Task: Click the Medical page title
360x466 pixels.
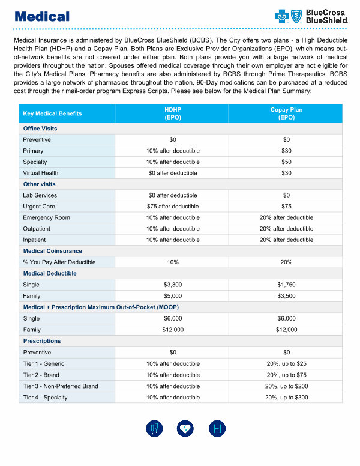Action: pos(41,17)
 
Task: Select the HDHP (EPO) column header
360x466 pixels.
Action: pos(173,113)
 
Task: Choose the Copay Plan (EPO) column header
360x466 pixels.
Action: pos(286,113)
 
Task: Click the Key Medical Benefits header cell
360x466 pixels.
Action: pos(52,113)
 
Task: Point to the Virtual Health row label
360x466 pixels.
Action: pos(41,173)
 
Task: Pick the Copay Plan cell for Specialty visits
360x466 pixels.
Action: pos(286,162)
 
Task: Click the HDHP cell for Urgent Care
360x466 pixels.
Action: pos(173,206)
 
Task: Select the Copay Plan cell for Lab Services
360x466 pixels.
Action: pos(286,195)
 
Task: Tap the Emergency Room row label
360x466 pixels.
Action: pos(46,217)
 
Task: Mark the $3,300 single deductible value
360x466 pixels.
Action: pos(173,285)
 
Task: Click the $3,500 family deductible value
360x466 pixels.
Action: pos(286,296)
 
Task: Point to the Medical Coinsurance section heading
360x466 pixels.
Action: pos(52,251)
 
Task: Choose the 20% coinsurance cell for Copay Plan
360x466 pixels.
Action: pos(286,262)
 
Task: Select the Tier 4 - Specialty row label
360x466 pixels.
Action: pos(45,398)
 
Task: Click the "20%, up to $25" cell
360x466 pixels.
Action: pos(286,363)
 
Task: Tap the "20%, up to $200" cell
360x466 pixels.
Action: pos(286,386)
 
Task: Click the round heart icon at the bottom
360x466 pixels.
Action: pos(185,429)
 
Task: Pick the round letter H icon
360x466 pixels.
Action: pos(217,429)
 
